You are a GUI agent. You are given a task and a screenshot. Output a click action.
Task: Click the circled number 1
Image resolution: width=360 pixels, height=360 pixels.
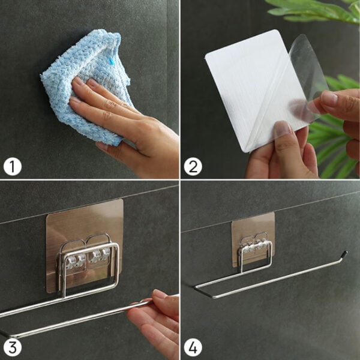[13, 167]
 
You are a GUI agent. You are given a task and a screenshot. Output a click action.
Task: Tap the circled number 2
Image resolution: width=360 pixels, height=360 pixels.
[193, 167]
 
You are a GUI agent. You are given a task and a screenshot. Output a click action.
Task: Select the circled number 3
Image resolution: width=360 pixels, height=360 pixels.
[13, 347]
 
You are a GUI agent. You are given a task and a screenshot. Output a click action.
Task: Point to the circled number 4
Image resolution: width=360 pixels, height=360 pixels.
[193, 347]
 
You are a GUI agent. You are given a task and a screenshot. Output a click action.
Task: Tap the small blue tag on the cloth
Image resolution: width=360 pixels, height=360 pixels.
[112, 61]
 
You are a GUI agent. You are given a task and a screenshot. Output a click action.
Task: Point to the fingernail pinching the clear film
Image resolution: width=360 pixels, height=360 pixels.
[329, 98]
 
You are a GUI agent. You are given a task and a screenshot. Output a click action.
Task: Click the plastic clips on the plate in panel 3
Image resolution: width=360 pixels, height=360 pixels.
[88, 259]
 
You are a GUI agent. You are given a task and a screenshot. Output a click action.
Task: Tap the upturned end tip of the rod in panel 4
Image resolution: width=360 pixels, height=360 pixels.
[346, 253]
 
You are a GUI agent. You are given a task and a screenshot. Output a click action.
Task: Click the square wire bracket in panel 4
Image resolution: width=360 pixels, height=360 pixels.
[256, 255]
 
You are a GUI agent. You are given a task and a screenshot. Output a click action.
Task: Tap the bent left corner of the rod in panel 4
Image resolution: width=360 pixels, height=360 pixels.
[196, 287]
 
